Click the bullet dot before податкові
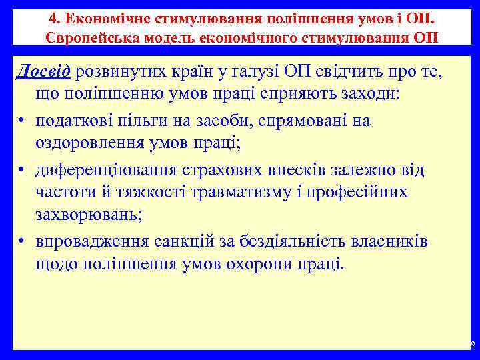point(22,121)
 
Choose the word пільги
point(160,121)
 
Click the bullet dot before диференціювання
point(22,171)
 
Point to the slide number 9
point(472,345)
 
